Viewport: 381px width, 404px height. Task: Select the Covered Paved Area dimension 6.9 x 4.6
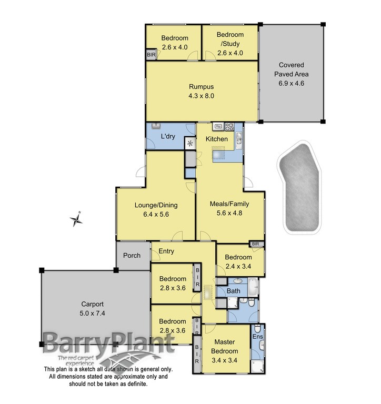coord(292,83)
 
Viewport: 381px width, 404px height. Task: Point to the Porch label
coord(132,256)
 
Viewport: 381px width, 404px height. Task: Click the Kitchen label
coord(217,139)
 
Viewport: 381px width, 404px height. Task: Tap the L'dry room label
coord(167,137)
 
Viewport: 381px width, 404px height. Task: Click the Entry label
coord(166,251)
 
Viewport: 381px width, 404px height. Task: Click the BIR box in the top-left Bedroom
coord(152,55)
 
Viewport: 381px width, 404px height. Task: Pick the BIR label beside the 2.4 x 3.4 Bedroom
coord(256,244)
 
